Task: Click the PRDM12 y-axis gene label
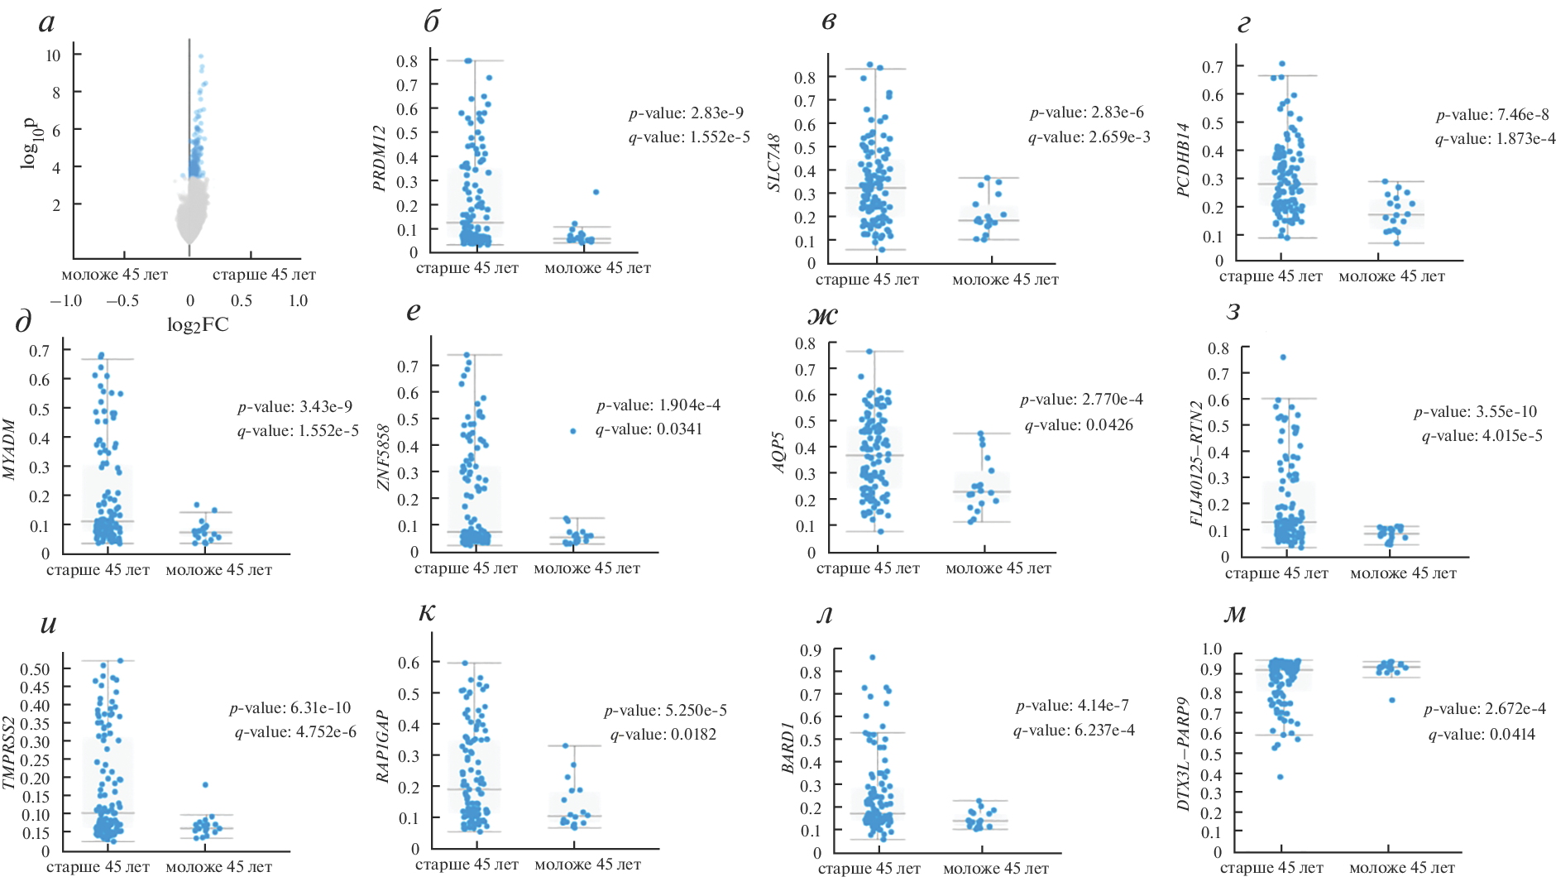pos(380,158)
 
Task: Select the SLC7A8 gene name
pos(774,163)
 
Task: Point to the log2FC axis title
pos(198,325)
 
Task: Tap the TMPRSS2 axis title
pos(9,751)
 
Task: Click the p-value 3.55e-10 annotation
pos(1475,412)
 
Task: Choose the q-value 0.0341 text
pos(649,429)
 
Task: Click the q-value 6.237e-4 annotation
pos(1074,731)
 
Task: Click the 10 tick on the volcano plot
pos(53,55)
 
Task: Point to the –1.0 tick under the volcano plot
pos(66,301)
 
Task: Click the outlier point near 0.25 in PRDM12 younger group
pos(596,192)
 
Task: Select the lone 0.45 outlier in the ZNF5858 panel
pos(572,431)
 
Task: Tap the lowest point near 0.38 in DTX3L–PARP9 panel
pos(1280,777)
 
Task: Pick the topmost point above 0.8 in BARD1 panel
pos(872,658)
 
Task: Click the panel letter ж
pos(822,315)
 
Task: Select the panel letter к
pos(427,611)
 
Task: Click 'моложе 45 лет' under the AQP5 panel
pos(998,568)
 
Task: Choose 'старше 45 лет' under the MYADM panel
pos(98,570)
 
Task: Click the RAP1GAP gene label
pos(383,745)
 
